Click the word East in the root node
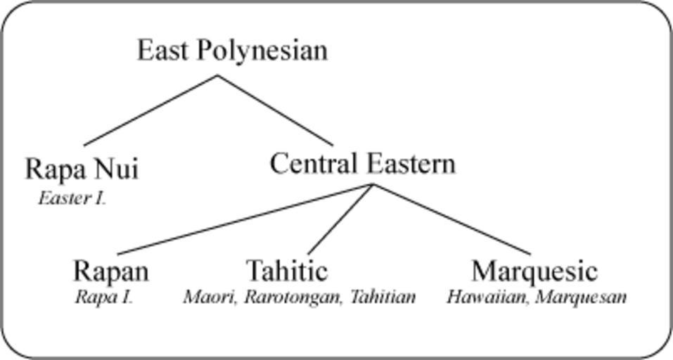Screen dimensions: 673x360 pyautogui.click(x=162, y=50)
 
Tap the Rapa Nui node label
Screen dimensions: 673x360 pyautogui.click(x=82, y=169)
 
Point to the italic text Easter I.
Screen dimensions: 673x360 pyautogui.click(x=72, y=198)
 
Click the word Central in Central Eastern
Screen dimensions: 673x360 pyautogui.click(x=314, y=164)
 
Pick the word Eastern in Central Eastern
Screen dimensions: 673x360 pyautogui.click(x=411, y=164)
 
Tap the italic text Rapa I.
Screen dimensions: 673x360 pyautogui.click(x=104, y=297)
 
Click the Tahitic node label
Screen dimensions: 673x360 pyautogui.click(x=287, y=271)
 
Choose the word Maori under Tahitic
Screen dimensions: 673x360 pyautogui.click(x=210, y=297)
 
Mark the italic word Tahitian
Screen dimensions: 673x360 pyautogui.click(x=383, y=297)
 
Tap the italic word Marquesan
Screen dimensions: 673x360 pyautogui.click(x=581, y=297)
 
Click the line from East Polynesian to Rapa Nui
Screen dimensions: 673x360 pyautogui.click(x=150, y=110)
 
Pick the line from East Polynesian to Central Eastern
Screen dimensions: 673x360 pyautogui.click(x=275, y=110)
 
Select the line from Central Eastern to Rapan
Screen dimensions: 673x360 pyautogui.click(x=245, y=219)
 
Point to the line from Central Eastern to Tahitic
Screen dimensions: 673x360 pyautogui.click(x=341, y=219)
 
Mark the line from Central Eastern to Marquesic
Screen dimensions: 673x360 pyautogui.click(x=452, y=219)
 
